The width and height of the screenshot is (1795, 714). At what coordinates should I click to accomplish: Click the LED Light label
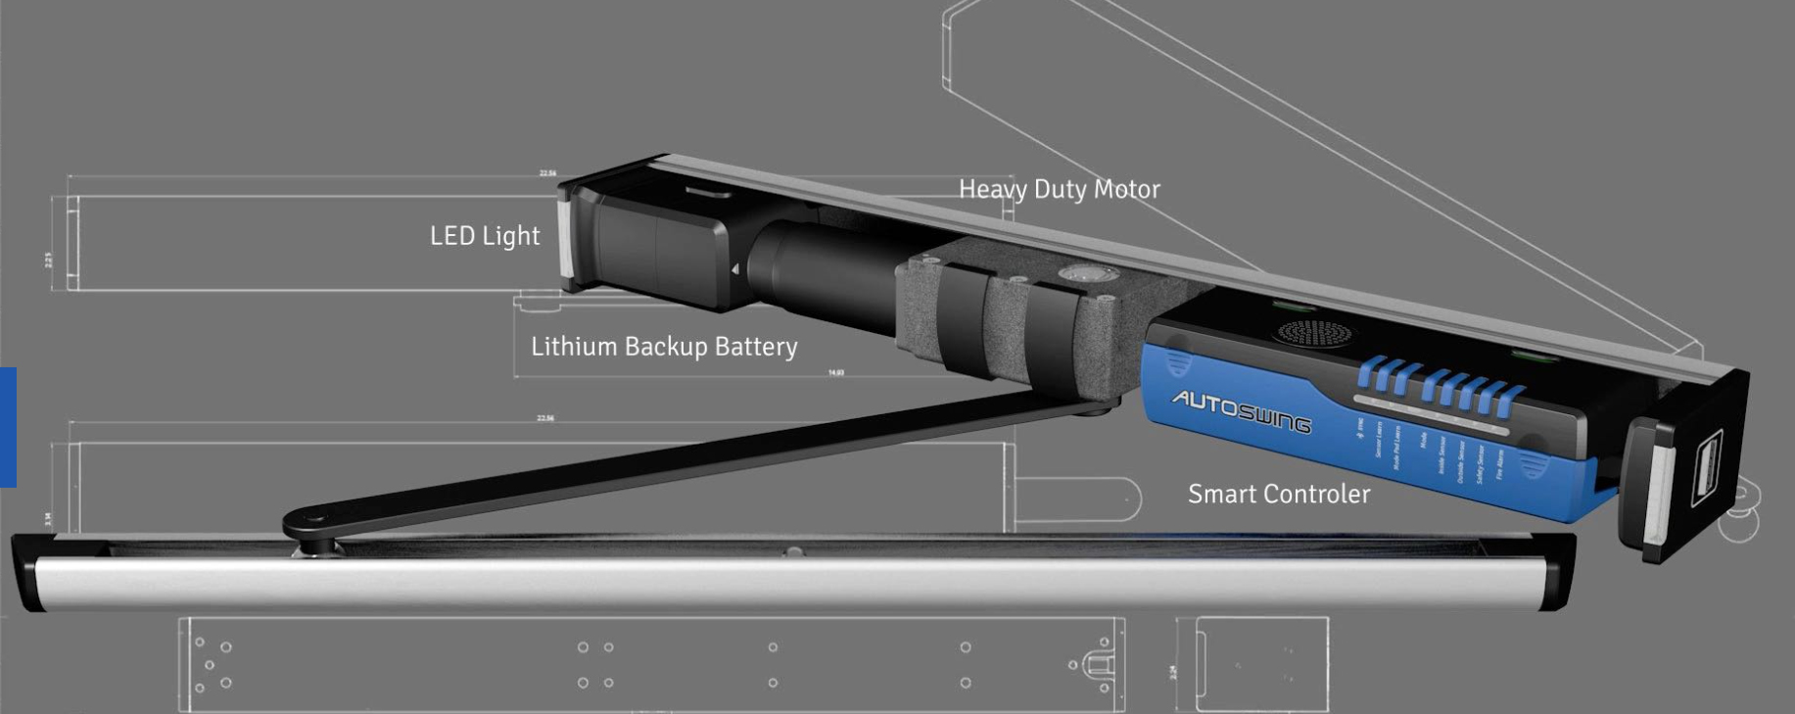(x=485, y=236)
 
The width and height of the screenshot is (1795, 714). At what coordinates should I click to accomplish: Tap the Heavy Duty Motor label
(x=1059, y=189)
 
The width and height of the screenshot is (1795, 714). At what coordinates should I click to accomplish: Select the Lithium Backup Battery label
(x=664, y=347)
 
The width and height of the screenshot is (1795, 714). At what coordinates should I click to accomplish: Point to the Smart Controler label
(x=1278, y=494)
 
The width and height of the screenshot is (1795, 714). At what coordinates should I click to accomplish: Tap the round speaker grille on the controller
(x=1315, y=333)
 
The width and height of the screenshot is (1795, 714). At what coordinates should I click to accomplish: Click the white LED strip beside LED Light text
(x=565, y=238)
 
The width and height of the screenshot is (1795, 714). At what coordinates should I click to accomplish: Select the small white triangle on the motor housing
(x=735, y=269)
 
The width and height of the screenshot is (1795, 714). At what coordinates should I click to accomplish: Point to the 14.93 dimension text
(x=835, y=373)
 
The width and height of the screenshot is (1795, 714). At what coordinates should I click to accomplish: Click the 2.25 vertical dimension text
(x=49, y=260)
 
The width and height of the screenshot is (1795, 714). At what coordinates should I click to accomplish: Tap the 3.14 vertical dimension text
(x=48, y=519)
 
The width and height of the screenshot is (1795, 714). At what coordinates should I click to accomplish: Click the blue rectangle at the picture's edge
(x=8, y=426)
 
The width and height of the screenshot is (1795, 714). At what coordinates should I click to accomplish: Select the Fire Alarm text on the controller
(x=1500, y=463)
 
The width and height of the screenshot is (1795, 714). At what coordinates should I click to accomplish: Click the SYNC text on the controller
(x=1361, y=429)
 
